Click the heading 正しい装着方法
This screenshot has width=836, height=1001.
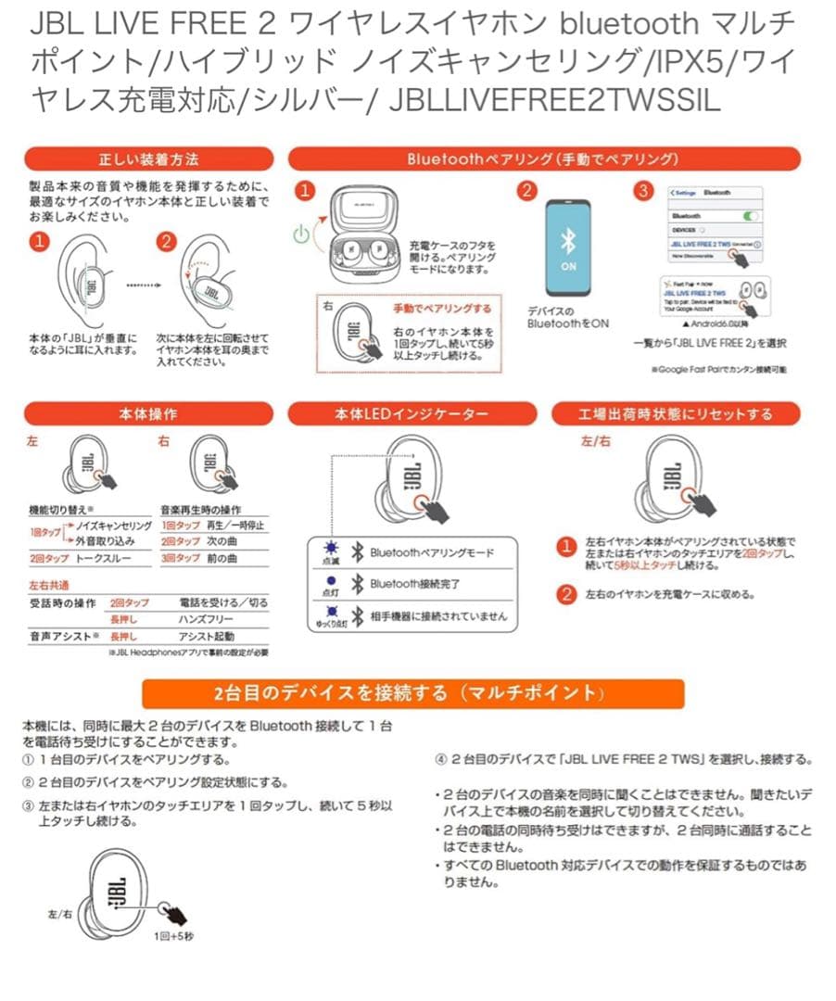coord(148,158)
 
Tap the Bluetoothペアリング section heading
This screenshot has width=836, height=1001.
coord(544,158)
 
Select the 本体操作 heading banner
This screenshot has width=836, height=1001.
coord(148,413)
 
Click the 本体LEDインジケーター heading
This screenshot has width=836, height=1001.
coord(411,413)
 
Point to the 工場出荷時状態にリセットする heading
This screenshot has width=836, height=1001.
coord(675,413)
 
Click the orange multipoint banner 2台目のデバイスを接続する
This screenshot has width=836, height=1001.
coord(413,693)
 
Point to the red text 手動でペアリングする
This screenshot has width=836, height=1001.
coord(442,309)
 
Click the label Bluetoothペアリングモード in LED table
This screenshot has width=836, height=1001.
coord(431,552)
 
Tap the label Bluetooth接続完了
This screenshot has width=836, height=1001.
coord(415,584)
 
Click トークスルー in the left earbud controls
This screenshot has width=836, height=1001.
coord(104,559)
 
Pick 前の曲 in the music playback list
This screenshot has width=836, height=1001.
coord(222,559)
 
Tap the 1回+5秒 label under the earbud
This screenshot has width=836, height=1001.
coord(173,936)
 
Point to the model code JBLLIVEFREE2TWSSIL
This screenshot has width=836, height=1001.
coord(555,99)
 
